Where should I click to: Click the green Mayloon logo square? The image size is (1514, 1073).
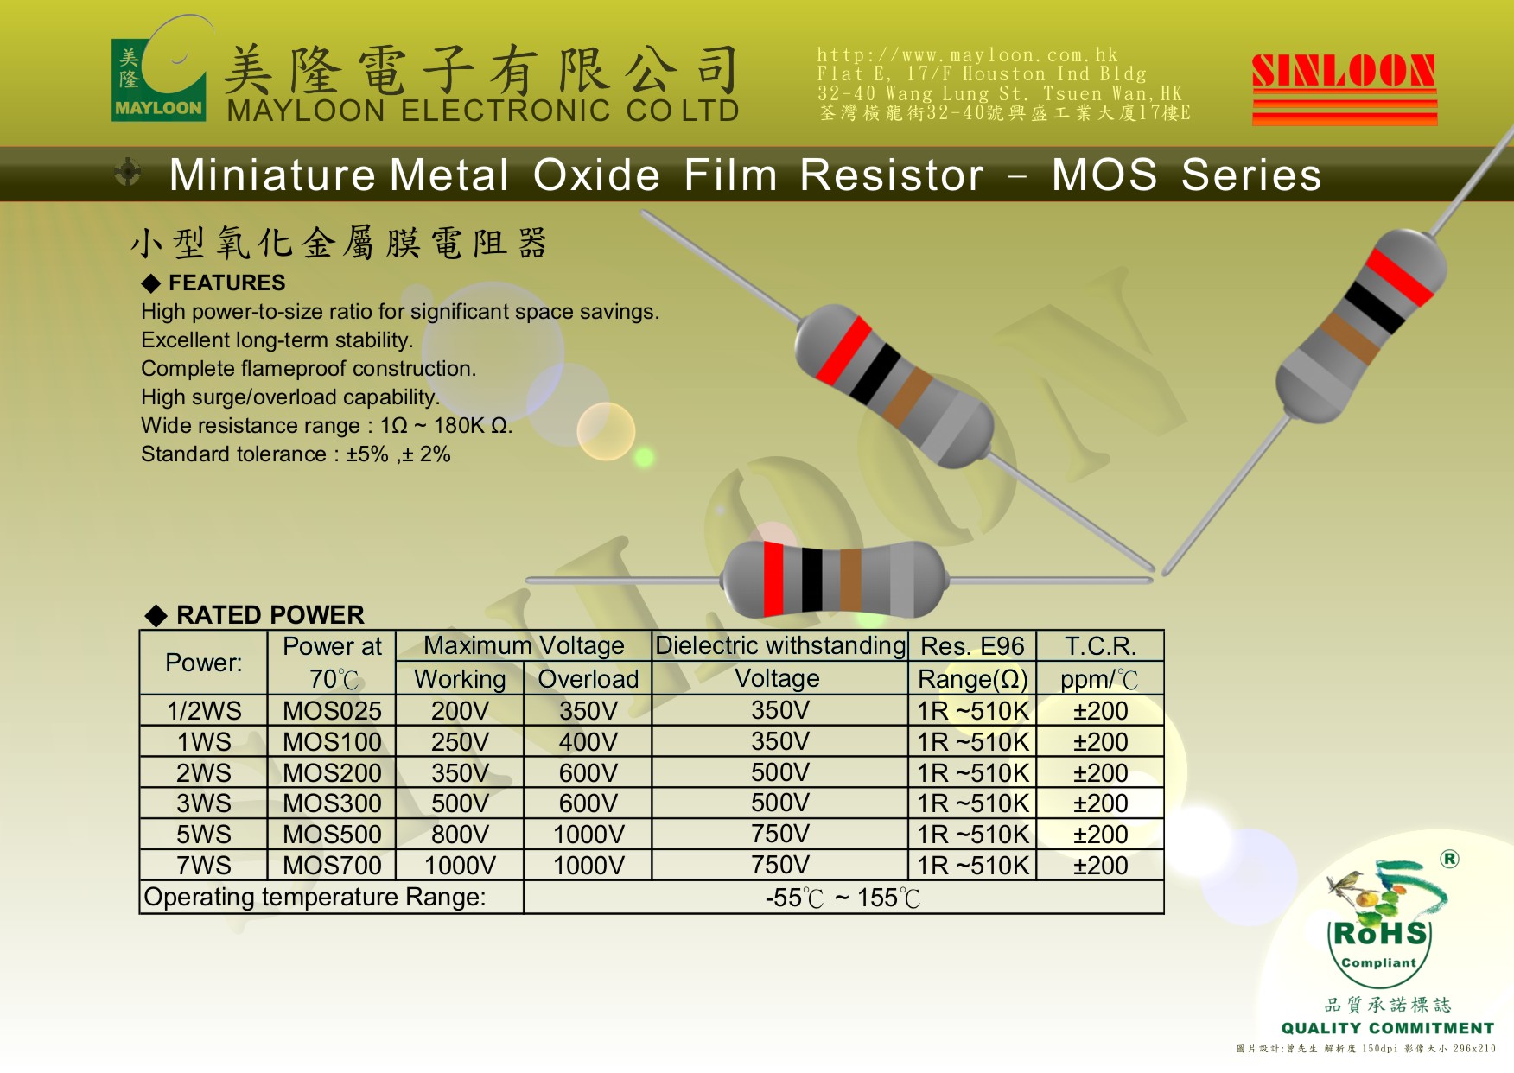pyautogui.click(x=158, y=79)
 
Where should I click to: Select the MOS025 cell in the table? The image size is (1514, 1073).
pyautogui.click(x=332, y=711)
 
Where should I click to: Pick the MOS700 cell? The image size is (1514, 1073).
pyautogui.click(x=332, y=865)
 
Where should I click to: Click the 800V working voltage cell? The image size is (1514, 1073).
pyautogui.click(x=460, y=835)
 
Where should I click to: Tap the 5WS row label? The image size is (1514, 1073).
pyautogui.click(x=204, y=835)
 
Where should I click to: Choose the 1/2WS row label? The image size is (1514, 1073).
pyautogui.click(x=204, y=711)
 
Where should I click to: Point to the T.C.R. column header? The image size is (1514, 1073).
pyautogui.click(x=1100, y=646)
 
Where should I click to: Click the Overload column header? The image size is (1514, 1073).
pyautogui.click(x=588, y=679)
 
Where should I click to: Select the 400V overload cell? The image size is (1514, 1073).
pyautogui.click(x=588, y=742)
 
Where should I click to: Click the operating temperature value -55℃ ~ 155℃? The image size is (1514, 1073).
pyautogui.click(x=843, y=898)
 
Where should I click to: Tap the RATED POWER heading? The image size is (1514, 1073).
pyautogui.click(x=270, y=615)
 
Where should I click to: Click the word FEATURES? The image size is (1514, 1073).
pyautogui.click(x=226, y=283)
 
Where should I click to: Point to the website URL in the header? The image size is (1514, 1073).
pyautogui.click(x=967, y=55)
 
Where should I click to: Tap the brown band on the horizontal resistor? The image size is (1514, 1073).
pyautogui.click(x=850, y=580)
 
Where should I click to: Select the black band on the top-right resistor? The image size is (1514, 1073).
pyautogui.click(x=1374, y=308)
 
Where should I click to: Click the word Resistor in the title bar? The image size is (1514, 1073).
pyautogui.click(x=892, y=175)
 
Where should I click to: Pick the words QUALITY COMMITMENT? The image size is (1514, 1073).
pyautogui.click(x=1388, y=1028)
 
